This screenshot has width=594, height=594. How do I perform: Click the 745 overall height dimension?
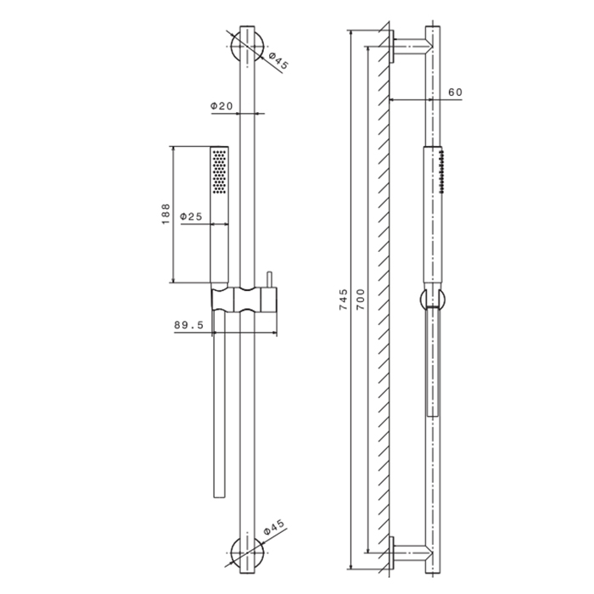[x=343, y=301]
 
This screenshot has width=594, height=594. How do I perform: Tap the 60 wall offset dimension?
[x=454, y=92]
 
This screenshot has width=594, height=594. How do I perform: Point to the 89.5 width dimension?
[x=188, y=324]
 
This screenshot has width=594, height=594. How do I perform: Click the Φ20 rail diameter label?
[x=221, y=106]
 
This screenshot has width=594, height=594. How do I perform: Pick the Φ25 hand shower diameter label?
[x=191, y=217]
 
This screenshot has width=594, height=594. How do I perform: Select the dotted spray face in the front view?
[x=220, y=171]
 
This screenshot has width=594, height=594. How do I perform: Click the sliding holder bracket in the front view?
[x=246, y=300]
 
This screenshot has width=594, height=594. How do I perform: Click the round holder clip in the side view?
[x=432, y=299]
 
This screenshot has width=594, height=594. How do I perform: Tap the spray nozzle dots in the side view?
[x=442, y=166]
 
